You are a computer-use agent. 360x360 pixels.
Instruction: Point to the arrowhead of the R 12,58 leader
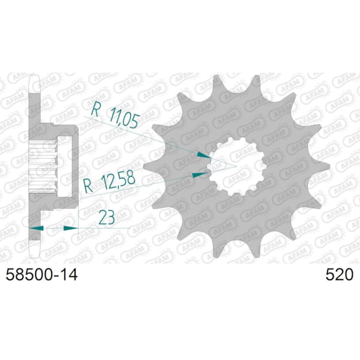pos(199,175)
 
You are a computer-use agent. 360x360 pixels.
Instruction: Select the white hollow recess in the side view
pos(65,166)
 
